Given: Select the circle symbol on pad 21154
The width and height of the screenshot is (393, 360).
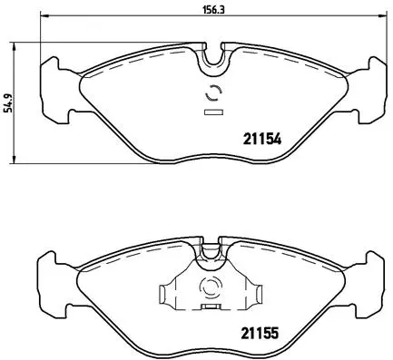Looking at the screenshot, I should pos(214,93).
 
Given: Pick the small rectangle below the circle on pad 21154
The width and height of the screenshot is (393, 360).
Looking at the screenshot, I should pos(214,112).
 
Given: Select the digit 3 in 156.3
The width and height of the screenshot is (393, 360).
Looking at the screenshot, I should pos(223,11).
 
